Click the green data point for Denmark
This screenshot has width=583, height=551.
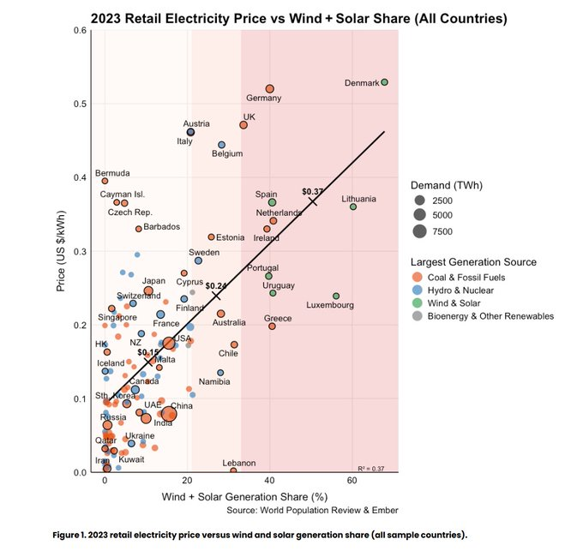[385, 82]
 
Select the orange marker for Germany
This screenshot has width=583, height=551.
[269, 88]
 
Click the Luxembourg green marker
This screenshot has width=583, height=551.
[336, 296]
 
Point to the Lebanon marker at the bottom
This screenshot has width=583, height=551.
[233, 470]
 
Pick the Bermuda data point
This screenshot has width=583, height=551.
[105, 181]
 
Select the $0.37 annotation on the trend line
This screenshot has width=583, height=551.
[313, 191]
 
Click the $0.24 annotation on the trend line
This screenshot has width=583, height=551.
[216, 285]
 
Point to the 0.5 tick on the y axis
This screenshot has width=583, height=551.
[81, 104]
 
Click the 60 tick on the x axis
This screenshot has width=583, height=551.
[352, 482]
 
